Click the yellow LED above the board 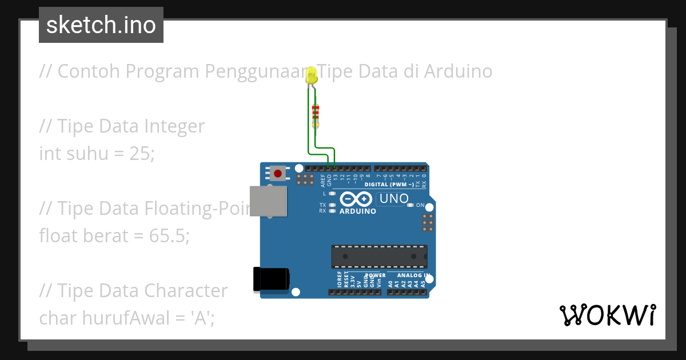tap(312, 75)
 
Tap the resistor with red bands tap(315, 115)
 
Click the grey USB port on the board tap(269, 201)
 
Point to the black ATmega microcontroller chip tap(379, 257)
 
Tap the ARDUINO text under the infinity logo tap(358, 211)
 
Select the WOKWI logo tap(607, 315)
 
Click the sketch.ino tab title tap(101, 25)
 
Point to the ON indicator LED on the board tap(410, 205)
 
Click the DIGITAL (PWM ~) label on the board tap(389, 185)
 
